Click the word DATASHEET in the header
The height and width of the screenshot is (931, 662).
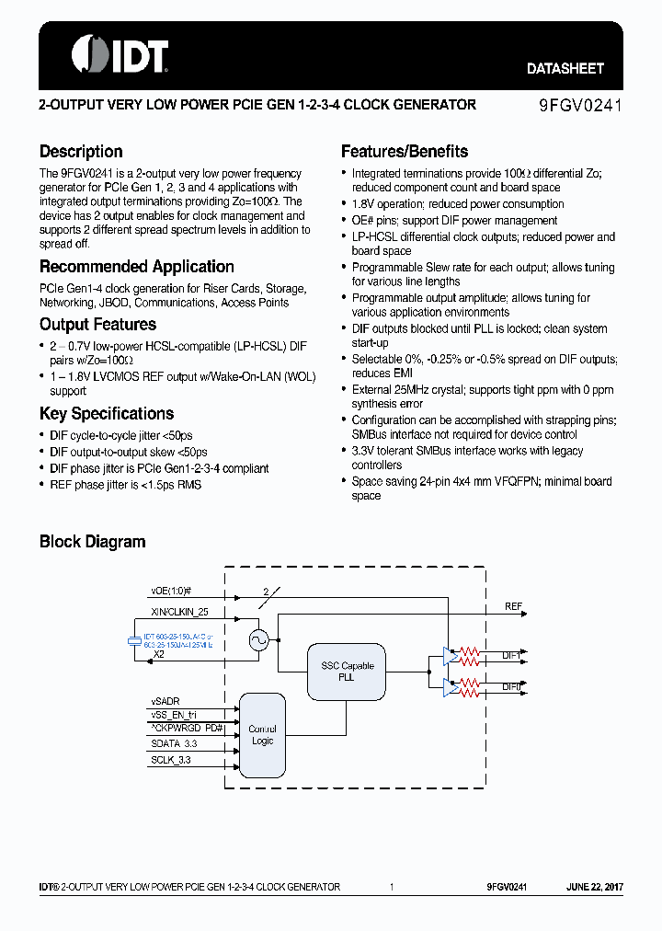click(565, 69)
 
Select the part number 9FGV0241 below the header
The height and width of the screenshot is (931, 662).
click(580, 106)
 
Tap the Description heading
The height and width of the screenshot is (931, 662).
click(81, 152)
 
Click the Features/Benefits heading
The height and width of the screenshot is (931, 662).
click(405, 152)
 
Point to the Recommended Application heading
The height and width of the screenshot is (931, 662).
click(137, 267)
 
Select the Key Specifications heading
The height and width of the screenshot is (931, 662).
click(107, 414)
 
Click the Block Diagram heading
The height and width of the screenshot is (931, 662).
click(93, 542)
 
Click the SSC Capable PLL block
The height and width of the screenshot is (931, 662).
click(347, 671)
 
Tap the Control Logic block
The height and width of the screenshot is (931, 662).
click(262, 735)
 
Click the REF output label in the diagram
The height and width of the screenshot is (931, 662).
click(513, 607)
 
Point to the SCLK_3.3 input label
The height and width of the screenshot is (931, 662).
click(171, 760)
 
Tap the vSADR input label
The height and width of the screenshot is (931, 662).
click(165, 701)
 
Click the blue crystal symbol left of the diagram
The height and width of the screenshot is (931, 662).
click(134, 640)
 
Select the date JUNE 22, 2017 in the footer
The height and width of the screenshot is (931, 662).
click(595, 887)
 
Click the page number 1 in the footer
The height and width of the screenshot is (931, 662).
click(392, 887)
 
